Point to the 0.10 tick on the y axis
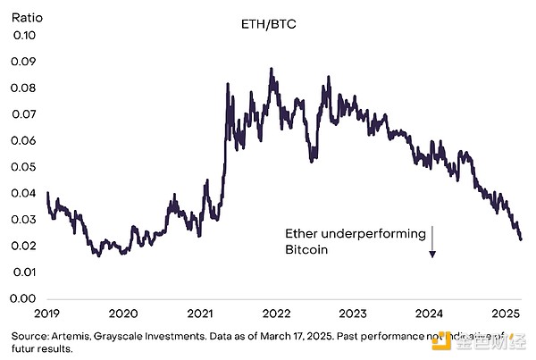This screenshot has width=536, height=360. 26,36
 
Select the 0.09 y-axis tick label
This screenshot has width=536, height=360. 26,62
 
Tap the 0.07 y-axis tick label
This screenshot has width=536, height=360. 26,114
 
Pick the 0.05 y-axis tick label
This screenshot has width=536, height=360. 26,167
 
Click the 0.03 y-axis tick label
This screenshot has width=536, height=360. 26,219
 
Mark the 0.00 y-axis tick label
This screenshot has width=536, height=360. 26,297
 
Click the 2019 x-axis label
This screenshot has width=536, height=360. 46,314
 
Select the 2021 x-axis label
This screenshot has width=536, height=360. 200,314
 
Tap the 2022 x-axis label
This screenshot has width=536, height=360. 277,314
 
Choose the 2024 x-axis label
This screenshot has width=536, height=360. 431,314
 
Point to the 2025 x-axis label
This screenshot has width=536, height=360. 507,314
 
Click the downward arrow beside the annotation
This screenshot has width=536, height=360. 431,242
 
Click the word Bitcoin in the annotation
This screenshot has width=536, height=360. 307,251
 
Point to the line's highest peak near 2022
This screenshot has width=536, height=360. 271,69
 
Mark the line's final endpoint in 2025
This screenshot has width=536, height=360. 521,239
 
